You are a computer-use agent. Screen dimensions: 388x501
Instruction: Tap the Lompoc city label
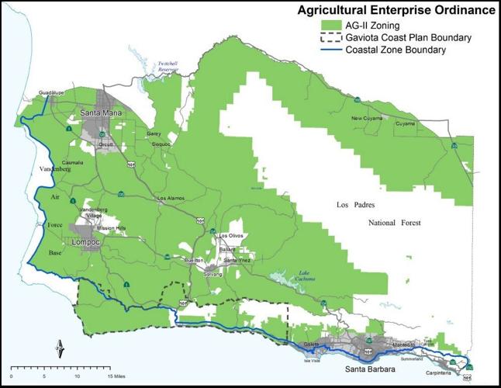pyautogui.click(x=86, y=241)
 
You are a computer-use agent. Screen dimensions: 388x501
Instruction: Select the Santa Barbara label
pyautogui.click(x=371, y=369)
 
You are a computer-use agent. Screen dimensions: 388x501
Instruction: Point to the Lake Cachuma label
pyautogui.click(x=290, y=276)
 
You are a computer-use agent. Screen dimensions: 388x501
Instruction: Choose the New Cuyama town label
pyautogui.click(x=368, y=118)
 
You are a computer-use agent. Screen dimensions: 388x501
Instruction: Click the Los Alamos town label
pyautogui.click(x=171, y=198)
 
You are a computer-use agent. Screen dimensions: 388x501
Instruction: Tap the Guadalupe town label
pyautogui.click(x=50, y=91)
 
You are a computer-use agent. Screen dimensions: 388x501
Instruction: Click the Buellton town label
pyautogui.click(x=194, y=260)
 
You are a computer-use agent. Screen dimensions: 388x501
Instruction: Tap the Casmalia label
pyautogui.click(x=73, y=162)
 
